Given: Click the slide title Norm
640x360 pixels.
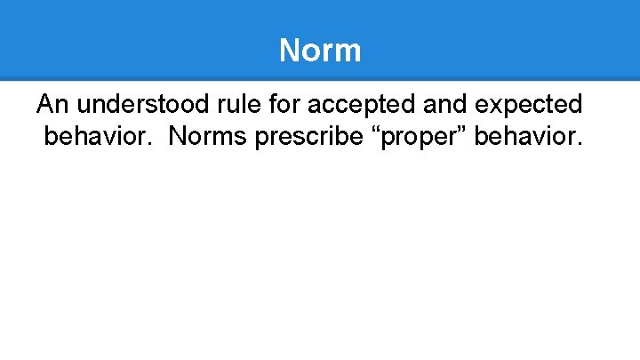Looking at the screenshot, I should (320, 50).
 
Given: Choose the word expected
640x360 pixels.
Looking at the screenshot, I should (530, 106).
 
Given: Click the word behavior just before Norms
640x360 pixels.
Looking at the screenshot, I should (99, 137).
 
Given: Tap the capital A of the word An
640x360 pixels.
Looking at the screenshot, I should (45, 105).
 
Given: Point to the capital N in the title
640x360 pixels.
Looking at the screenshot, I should (289, 50).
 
